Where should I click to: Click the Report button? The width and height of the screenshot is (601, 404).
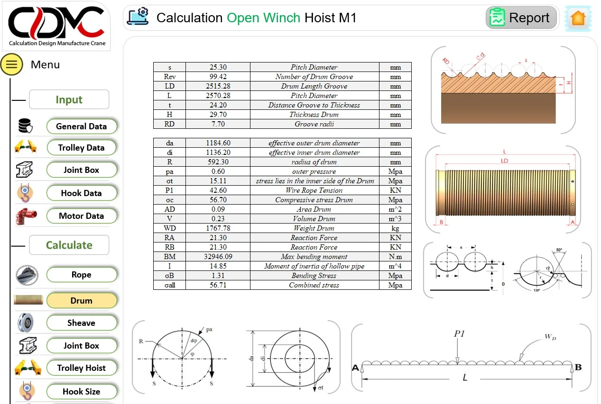click(521, 18)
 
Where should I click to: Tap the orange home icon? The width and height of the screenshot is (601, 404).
click(578, 18)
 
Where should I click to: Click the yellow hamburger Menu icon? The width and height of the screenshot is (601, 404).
click(11, 64)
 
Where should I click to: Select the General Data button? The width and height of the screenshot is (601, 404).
click(82, 126)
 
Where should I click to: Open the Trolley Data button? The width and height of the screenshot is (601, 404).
click(82, 148)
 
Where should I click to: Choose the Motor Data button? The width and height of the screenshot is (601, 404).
click(82, 216)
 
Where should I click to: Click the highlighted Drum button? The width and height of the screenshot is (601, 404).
click(82, 301)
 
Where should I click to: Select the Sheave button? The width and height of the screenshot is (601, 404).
click(82, 323)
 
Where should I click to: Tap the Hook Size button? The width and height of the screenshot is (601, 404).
click(82, 391)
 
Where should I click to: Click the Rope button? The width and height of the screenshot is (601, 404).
click(82, 275)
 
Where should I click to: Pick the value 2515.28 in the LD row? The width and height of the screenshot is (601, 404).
click(218, 86)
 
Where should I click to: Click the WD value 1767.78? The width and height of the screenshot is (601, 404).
click(218, 228)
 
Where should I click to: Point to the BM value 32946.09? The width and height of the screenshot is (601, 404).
click(218, 257)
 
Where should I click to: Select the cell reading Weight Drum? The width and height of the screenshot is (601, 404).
click(314, 228)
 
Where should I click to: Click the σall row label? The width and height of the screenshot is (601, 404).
click(169, 285)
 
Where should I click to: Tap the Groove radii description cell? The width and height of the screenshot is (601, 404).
click(314, 124)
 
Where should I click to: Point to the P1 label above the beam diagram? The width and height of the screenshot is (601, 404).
click(459, 334)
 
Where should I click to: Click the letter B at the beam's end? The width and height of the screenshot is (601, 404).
click(578, 367)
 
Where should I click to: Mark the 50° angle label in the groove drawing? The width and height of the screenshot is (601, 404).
click(559, 250)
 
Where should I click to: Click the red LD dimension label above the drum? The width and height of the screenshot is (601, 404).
click(504, 161)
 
